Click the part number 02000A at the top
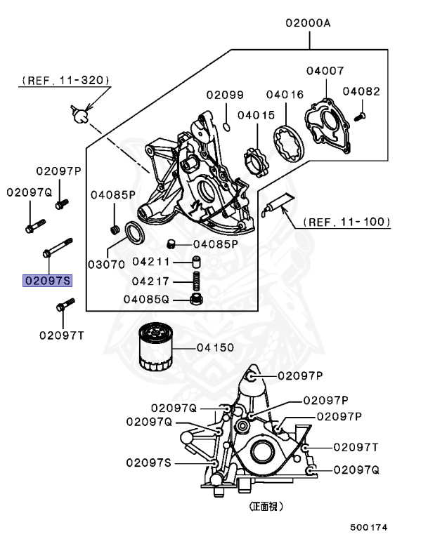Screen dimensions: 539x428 308,23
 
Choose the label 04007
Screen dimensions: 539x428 325,70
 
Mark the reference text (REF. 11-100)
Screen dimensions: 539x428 346,222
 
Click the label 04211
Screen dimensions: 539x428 151,262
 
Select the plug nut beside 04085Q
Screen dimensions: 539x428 197,300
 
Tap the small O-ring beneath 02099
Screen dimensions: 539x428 226,126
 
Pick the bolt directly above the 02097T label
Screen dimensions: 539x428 63,306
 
